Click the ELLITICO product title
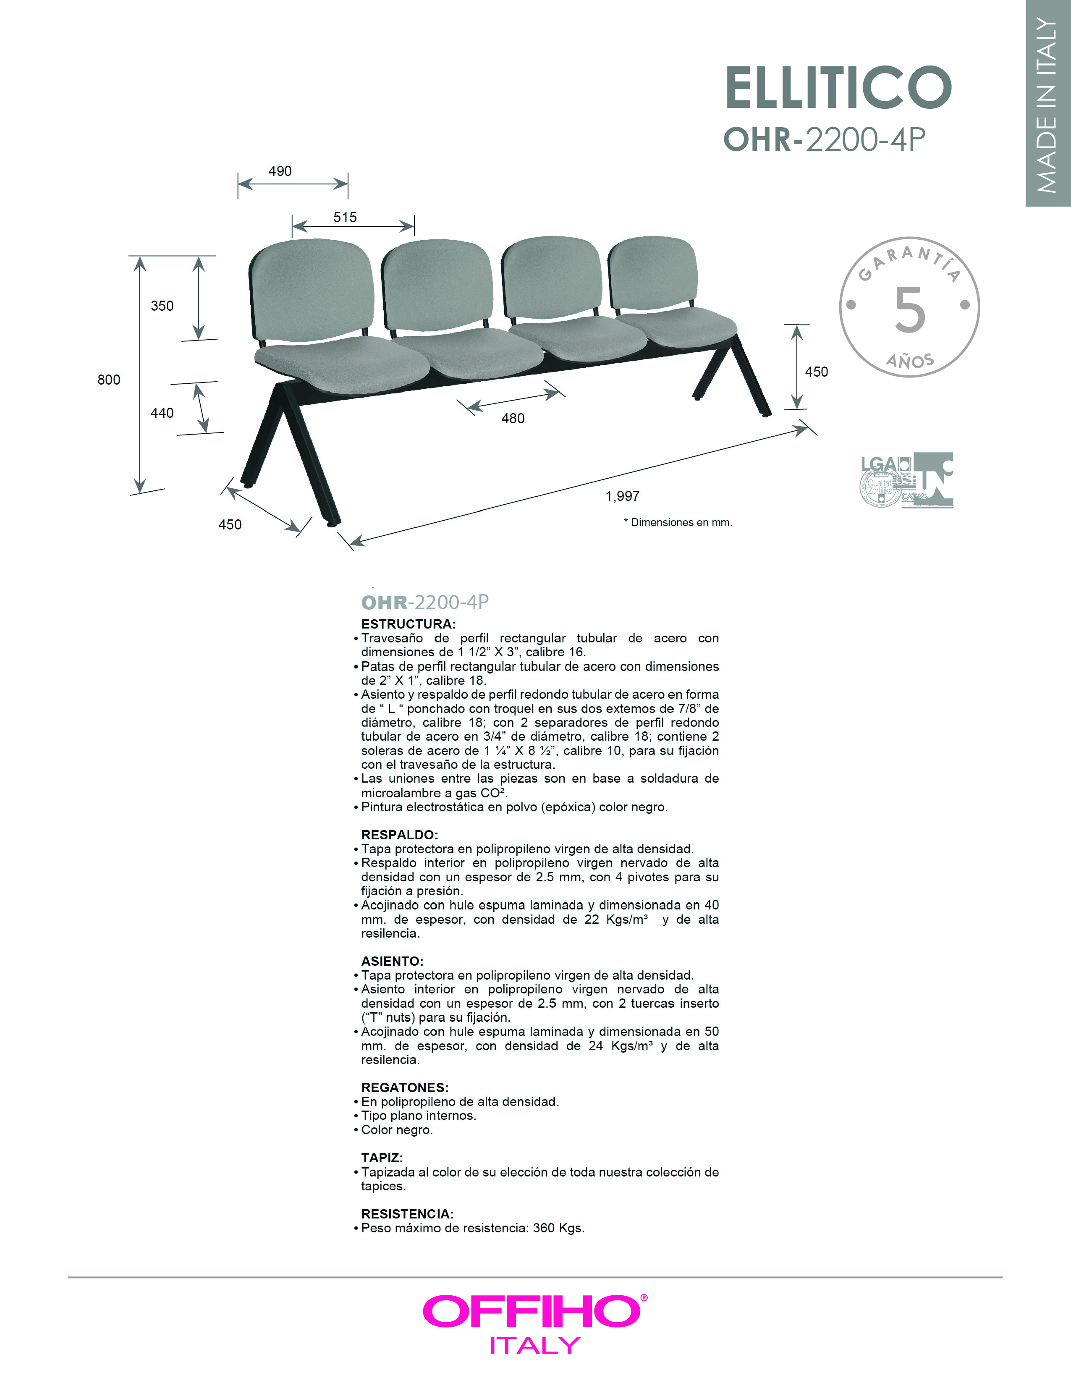(838, 88)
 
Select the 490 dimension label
(280, 171)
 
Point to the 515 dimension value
(345, 217)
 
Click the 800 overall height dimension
(108, 380)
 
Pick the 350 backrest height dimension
(162, 306)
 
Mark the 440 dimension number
(162, 413)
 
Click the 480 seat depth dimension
(513, 418)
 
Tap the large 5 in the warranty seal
(909, 310)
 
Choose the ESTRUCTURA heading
(408, 624)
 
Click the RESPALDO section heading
(400, 835)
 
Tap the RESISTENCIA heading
(407, 1213)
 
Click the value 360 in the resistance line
(544, 1228)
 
